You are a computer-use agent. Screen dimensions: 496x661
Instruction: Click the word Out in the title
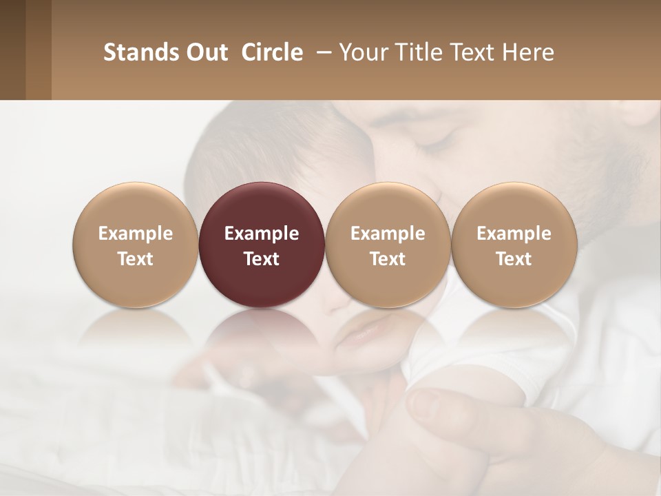point(205,52)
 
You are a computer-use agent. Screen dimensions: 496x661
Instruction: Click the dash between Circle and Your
point(321,53)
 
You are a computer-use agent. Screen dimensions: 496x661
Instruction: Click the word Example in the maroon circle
point(262,234)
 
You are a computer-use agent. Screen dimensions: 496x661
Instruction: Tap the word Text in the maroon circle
point(262,259)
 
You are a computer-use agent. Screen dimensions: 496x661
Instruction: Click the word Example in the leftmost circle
point(136,234)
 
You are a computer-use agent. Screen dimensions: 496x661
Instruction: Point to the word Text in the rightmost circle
point(514,259)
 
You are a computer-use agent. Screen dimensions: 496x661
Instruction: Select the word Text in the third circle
point(388,259)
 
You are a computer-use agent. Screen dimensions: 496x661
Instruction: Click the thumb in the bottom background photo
point(441,406)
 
